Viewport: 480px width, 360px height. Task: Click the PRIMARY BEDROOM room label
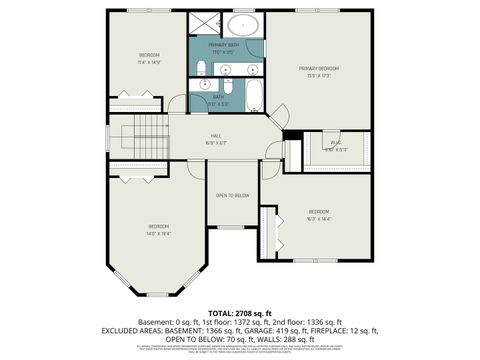(x=318, y=68)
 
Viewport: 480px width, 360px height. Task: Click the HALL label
(x=216, y=136)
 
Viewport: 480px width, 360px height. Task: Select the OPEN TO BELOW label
(x=232, y=195)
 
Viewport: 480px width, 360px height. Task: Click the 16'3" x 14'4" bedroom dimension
(x=319, y=218)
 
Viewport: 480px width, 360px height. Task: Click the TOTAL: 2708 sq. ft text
(x=240, y=313)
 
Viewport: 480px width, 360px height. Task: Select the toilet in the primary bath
(x=201, y=68)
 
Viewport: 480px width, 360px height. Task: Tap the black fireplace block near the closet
(x=291, y=135)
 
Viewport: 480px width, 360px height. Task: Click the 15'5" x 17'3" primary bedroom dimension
(x=318, y=75)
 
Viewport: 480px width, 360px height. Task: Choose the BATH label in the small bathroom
(x=218, y=97)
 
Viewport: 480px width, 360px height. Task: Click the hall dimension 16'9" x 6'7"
(x=216, y=142)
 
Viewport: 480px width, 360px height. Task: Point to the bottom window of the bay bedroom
(x=159, y=297)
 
